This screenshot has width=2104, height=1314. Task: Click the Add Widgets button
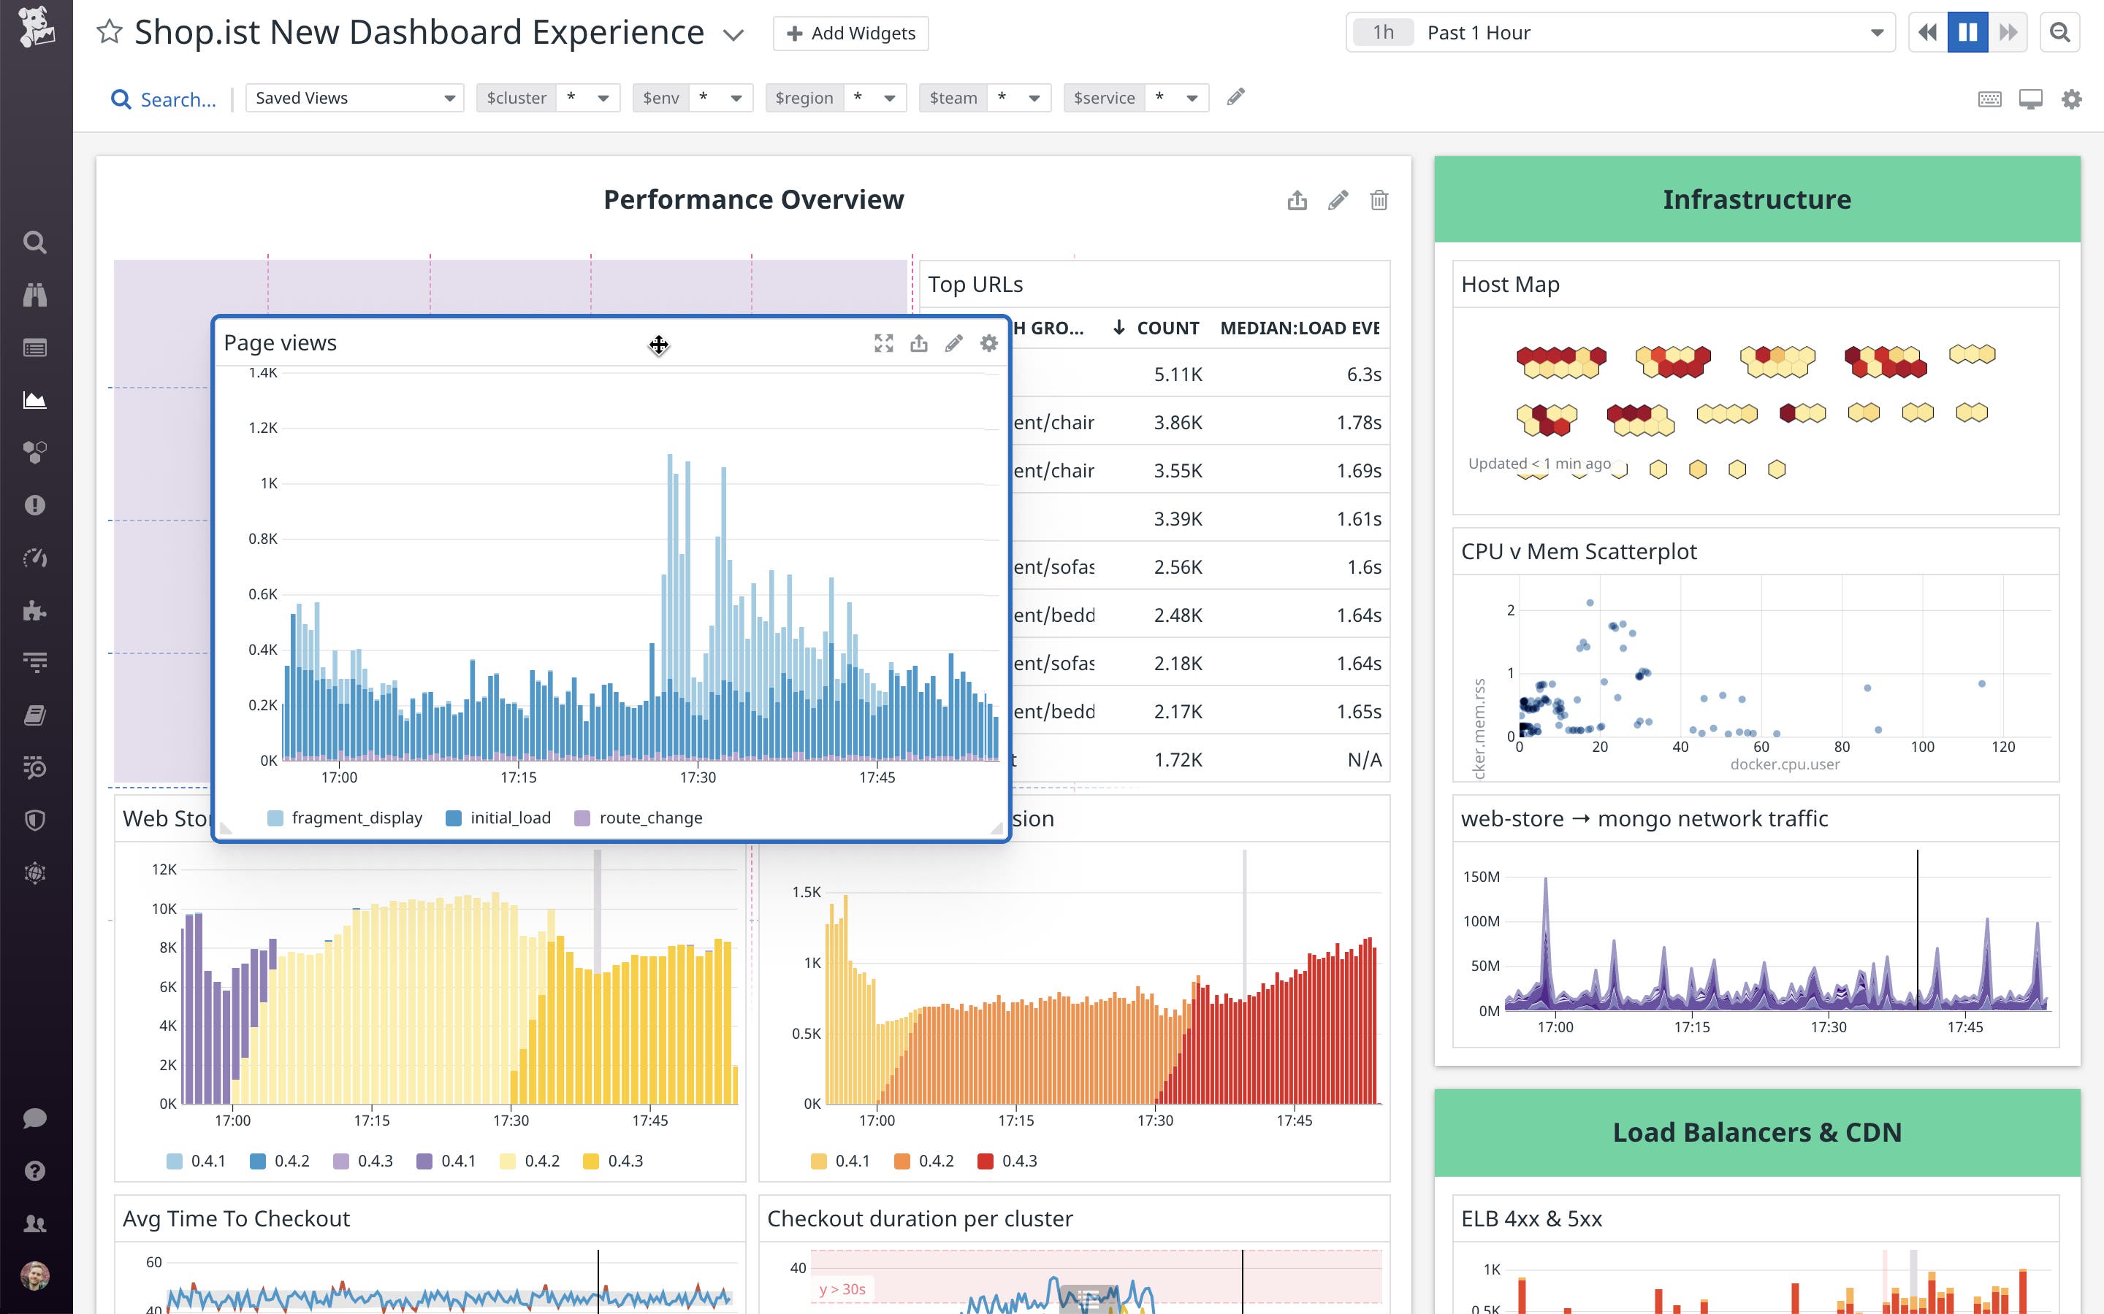coord(850,33)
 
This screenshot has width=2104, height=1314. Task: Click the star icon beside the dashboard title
coord(110,32)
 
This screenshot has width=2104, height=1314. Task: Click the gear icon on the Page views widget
coord(988,343)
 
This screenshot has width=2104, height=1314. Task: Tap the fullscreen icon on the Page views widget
coord(883,343)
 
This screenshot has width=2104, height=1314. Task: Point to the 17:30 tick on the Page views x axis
coord(697,777)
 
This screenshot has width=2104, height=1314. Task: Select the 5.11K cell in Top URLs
coord(1178,374)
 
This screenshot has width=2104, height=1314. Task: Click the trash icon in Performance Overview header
coord(1379,201)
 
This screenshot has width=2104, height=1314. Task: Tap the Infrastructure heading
coord(1756,200)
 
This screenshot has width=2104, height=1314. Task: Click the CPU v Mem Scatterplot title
coord(1579,552)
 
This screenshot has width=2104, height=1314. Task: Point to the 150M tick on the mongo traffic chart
coord(1481,877)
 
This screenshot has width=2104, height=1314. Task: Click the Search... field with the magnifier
coord(165,100)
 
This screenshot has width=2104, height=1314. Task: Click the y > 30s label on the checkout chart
coord(842,1288)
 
